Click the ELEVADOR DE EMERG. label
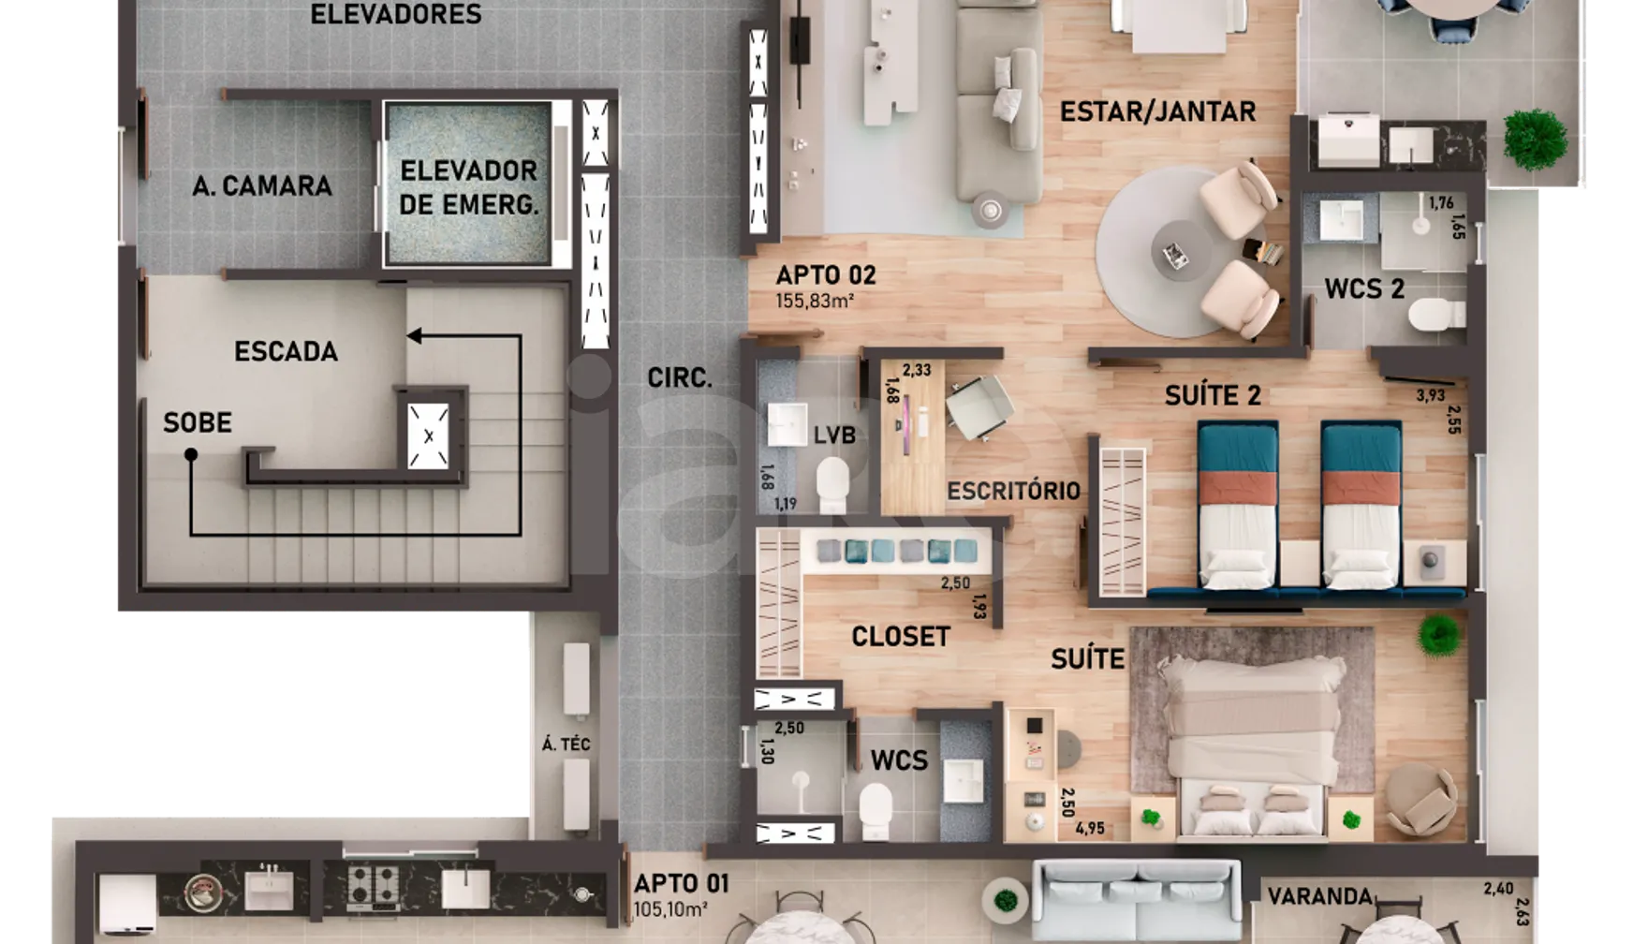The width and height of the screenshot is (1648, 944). pyautogui.click(x=468, y=187)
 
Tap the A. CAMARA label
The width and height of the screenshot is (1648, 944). pyautogui.click(x=262, y=186)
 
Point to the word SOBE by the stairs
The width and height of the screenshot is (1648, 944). pyautogui.click(x=198, y=422)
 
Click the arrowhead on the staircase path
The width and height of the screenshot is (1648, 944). pyautogui.click(x=413, y=335)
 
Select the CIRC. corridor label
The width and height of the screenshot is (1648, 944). pyautogui.click(x=680, y=377)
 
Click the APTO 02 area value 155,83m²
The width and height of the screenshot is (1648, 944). pyautogui.click(x=814, y=302)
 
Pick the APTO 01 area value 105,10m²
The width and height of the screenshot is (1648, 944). pyautogui.click(x=669, y=909)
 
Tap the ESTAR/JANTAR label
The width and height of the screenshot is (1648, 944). pyautogui.click(x=1157, y=111)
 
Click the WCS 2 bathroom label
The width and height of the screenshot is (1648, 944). pyautogui.click(x=1364, y=288)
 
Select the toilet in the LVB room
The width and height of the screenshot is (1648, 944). pyautogui.click(x=831, y=484)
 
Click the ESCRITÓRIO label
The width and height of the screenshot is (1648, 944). pyautogui.click(x=1013, y=491)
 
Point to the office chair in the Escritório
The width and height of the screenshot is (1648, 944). pyautogui.click(x=979, y=406)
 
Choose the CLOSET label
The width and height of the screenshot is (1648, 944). pyautogui.click(x=900, y=637)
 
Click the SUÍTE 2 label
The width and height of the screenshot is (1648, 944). pyautogui.click(x=1213, y=395)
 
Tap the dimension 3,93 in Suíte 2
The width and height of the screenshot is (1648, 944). pyautogui.click(x=1430, y=395)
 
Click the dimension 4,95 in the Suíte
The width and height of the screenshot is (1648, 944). pyautogui.click(x=1090, y=828)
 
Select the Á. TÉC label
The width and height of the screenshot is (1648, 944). pyautogui.click(x=566, y=745)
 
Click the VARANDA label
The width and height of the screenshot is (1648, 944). pyautogui.click(x=1319, y=896)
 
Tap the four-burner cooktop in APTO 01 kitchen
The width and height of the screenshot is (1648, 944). pyautogui.click(x=374, y=886)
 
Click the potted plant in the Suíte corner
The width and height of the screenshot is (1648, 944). pyautogui.click(x=1438, y=636)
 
